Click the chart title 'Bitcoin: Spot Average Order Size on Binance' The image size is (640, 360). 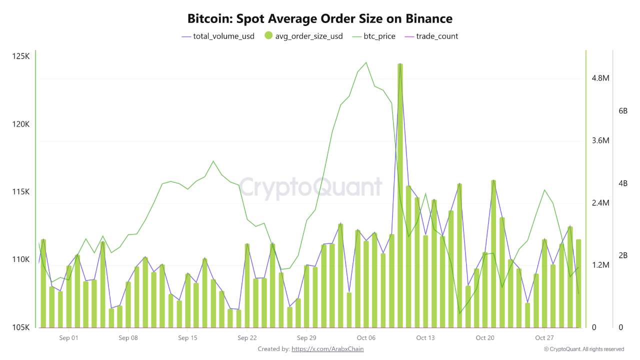[320, 19]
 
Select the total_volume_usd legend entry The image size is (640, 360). [218, 36]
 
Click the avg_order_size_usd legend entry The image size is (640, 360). [303, 36]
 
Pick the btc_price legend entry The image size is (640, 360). [373, 36]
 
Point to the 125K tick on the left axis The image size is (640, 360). [20, 56]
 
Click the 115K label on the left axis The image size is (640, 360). [20, 192]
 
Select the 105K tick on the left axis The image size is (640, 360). [20, 327]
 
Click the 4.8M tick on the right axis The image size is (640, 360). [600, 78]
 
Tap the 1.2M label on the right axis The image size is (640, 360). [600, 265]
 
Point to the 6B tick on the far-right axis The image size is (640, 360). [623, 111]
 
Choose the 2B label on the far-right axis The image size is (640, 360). [623, 255]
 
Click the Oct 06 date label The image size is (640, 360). [366, 338]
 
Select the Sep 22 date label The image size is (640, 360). [247, 338]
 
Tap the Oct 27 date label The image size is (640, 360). [544, 338]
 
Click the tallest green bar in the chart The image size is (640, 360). [400, 195]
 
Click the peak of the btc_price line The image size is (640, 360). [366, 62]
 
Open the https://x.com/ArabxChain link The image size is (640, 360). [327, 349]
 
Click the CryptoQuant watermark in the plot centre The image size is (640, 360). [310, 187]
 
